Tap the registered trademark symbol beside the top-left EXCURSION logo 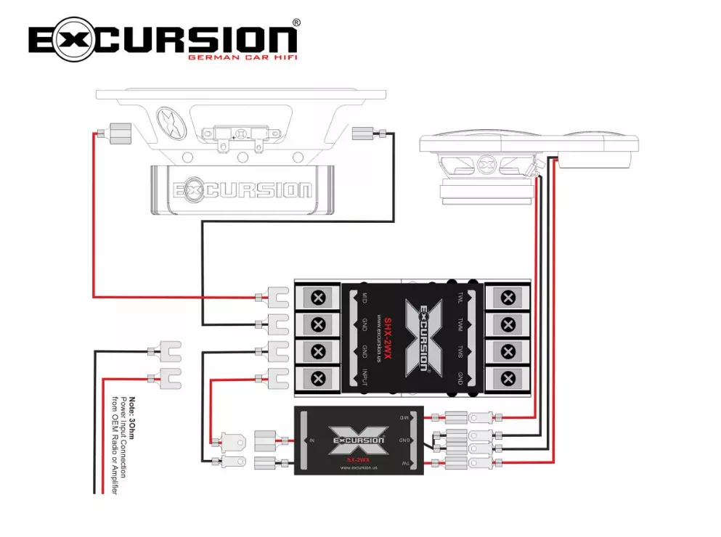pos(296,23)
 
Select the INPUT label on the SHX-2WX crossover pos(364,377)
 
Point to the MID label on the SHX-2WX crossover pos(364,298)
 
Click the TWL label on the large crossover pos(461,298)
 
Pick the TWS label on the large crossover pos(461,352)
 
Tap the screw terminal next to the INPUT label pos(318,378)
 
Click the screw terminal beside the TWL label pos(508,298)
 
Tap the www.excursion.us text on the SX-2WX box pos(358,468)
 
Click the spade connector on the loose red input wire pos(168,377)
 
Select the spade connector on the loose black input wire pos(168,352)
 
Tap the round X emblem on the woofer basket pos(170,123)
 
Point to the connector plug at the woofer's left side pos(117,133)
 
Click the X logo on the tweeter pos(486,164)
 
